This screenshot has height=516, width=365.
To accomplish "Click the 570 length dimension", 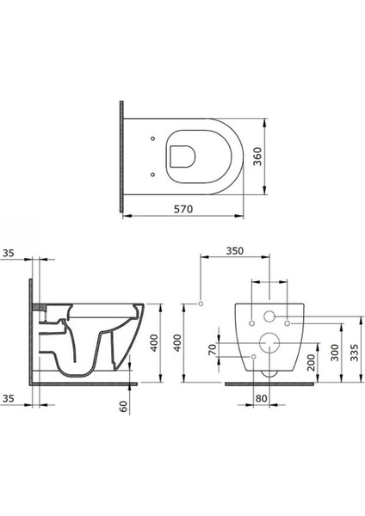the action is (x=183, y=209).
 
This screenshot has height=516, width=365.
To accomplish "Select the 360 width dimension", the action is (x=258, y=157).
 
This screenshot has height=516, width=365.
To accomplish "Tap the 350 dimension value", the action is (x=235, y=251).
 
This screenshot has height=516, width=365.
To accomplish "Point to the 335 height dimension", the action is (x=354, y=353).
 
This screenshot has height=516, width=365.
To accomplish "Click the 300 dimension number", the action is (x=335, y=353).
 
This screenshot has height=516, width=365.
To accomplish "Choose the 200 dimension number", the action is (x=312, y=362).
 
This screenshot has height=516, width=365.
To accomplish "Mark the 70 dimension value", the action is (x=213, y=349).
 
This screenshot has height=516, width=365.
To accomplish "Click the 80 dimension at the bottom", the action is (x=261, y=398).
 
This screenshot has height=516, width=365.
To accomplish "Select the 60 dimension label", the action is (x=124, y=406).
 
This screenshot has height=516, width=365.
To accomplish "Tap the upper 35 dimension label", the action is (x=9, y=253).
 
